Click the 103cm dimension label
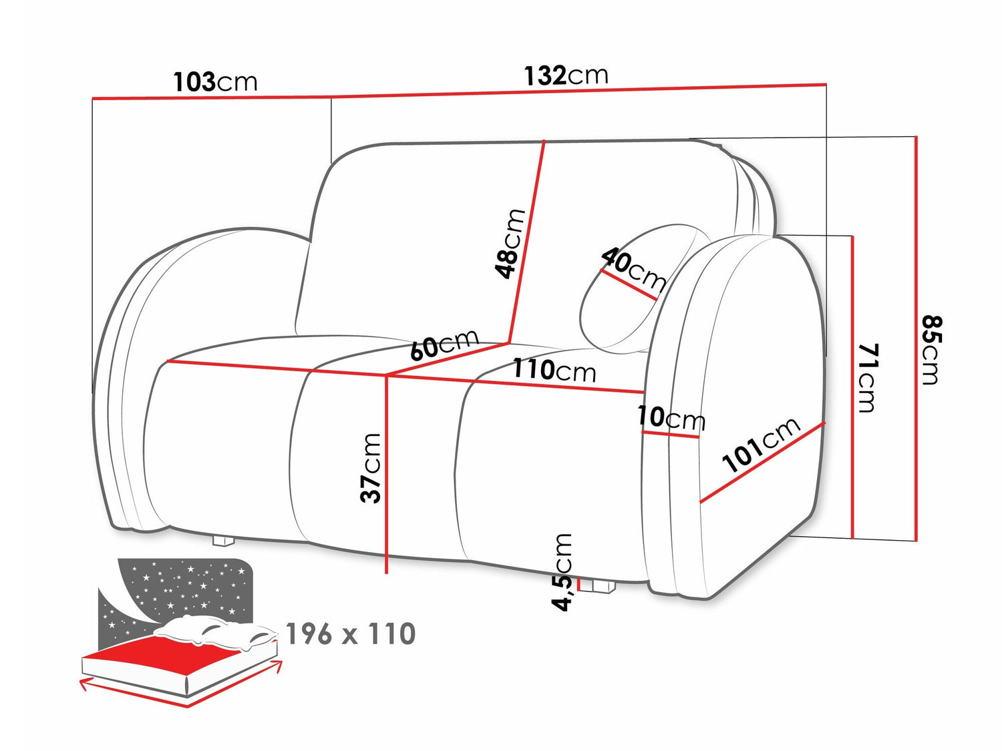pyautogui.click(x=216, y=83)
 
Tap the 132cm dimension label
pyautogui.click(x=566, y=75)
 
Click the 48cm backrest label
pyautogui.click(x=510, y=244)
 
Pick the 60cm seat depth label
pyautogui.click(x=445, y=344)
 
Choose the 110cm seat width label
pyautogui.click(x=554, y=370)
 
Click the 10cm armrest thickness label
pyautogui.click(x=671, y=418)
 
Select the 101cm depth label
pyautogui.click(x=762, y=445)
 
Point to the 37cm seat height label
pyautogui.click(x=370, y=469)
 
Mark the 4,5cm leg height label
pyautogui.click(x=562, y=572)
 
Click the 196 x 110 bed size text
pyautogui.click(x=351, y=634)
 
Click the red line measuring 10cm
pyautogui.click(x=670, y=435)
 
